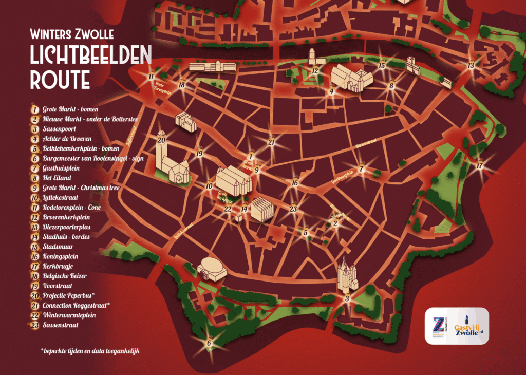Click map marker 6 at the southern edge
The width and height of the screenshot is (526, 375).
click(209, 343)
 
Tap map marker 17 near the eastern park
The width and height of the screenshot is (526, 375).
click(480, 166)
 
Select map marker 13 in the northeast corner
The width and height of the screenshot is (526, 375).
click(471, 65)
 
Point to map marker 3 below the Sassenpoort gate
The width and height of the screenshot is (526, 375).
click(347, 298)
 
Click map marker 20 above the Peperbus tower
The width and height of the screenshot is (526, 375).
click(161, 140)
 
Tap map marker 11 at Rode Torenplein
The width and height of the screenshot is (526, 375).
click(151, 77)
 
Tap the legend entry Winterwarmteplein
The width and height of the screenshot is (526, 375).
click(69, 315)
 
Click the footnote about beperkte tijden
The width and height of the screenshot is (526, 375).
click(90, 351)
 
